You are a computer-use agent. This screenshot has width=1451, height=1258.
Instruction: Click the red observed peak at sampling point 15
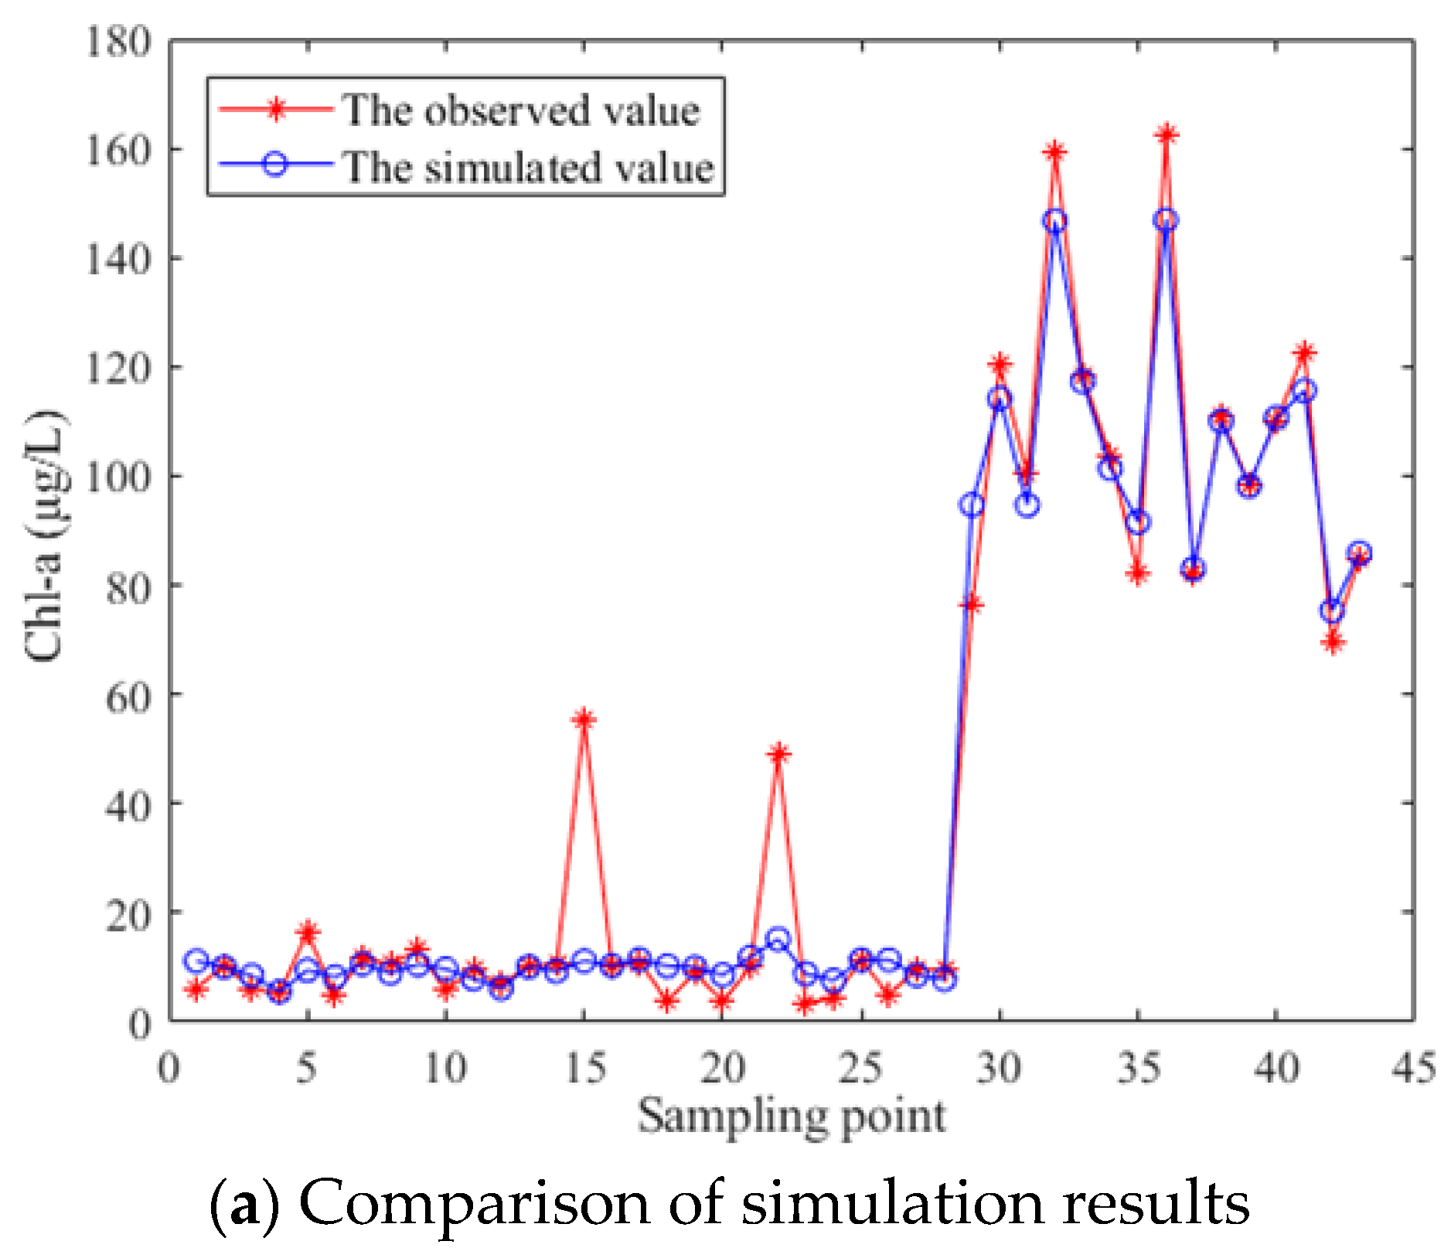coord(584,719)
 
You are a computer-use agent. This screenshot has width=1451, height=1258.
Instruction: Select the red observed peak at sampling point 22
coord(778,753)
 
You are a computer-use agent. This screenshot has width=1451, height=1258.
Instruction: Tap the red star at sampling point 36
coord(1166,134)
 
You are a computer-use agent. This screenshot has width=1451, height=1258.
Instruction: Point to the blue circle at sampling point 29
coord(972,505)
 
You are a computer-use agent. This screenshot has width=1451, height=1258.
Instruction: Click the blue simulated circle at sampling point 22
coord(778,940)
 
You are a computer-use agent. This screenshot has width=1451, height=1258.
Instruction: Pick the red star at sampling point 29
coord(972,603)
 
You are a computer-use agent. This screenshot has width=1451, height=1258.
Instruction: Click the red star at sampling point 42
coord(1332,641)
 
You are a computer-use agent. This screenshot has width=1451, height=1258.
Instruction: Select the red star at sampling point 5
coord(308,932)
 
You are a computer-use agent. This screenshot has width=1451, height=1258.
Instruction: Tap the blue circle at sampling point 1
coord(196,960)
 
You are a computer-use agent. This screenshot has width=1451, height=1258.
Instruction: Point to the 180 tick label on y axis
coord(118,42)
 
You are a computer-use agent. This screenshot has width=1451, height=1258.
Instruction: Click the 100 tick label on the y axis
coord(118,477)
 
